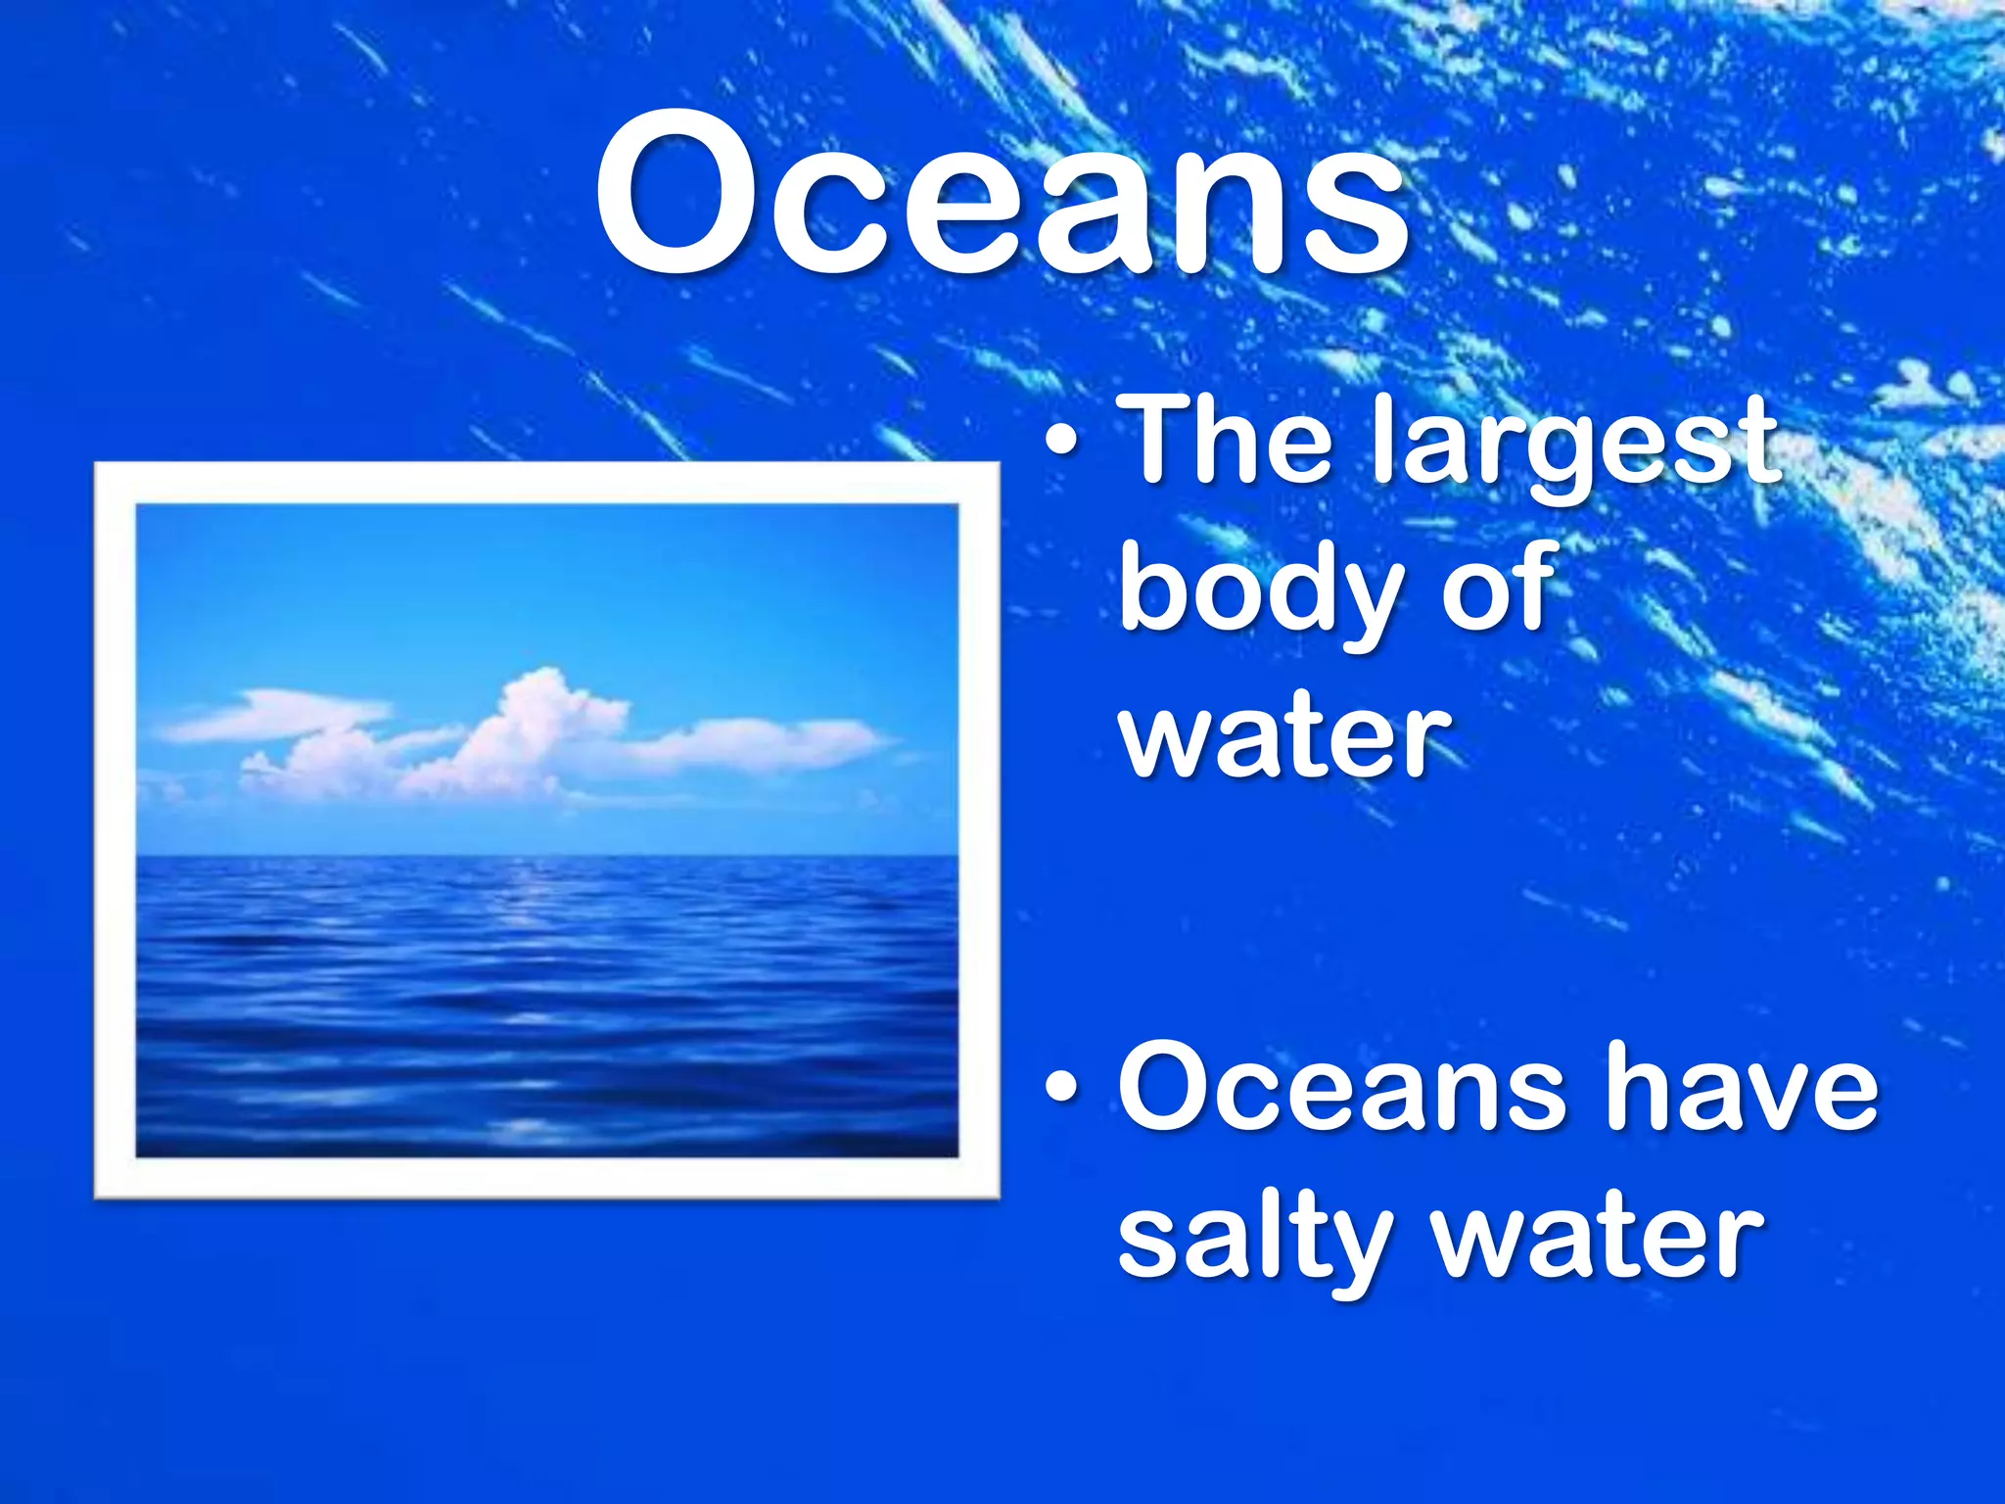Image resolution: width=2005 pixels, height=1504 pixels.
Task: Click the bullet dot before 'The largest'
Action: [1062, 445]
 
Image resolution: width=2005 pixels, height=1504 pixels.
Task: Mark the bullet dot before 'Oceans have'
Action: [1062, 1088]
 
